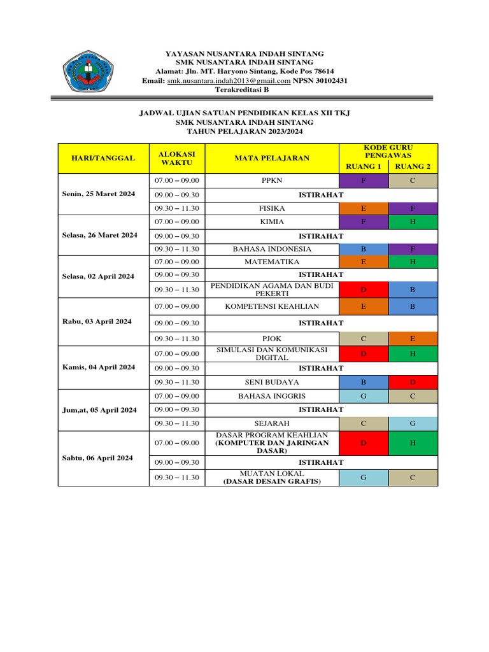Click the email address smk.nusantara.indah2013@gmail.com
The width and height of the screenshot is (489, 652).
pos(229,81)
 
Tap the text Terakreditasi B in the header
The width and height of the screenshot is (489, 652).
pos(244,90)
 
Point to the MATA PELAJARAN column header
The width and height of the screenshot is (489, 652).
pos(271,158)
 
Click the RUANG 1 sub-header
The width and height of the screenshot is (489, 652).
pos(363,167)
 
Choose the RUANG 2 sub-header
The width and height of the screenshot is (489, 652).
pos(413,167)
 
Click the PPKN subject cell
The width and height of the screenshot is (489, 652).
pos(271,181)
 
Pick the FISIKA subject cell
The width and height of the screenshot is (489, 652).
pos(271,208)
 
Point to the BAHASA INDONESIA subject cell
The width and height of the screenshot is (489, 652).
pos(271,249)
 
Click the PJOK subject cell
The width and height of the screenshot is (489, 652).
pos(271,339)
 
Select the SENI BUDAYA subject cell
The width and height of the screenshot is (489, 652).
pos(271,382)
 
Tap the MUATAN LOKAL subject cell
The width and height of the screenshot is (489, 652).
pos(271,478)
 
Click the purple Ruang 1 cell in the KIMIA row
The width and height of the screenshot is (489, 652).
pos(363,222)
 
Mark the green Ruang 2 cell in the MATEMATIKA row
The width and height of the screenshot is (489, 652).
pos(413,262)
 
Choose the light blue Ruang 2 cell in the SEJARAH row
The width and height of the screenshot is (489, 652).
pos(413,423)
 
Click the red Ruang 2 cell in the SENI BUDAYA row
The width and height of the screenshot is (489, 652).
pos(413,382)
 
